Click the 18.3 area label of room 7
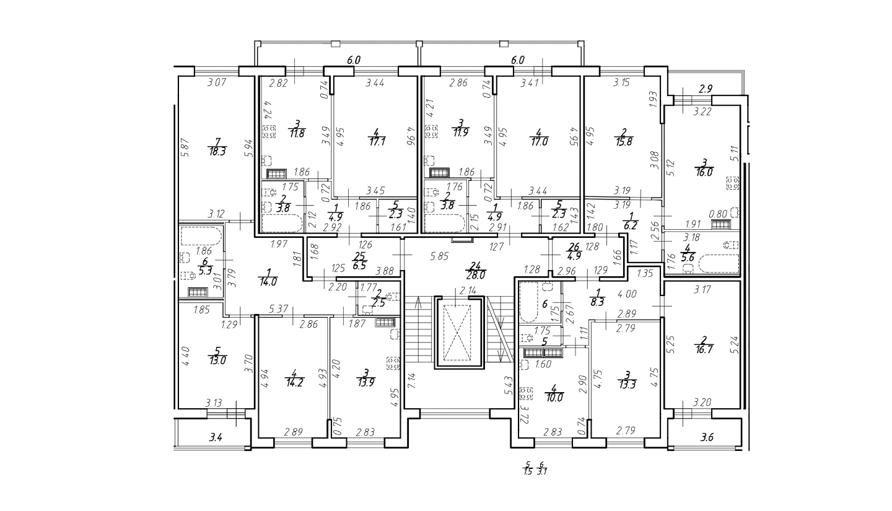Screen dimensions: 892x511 pyautogui.click(x=217, y=151)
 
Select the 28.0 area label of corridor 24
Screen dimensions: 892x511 pyautogui.click(x=476, y=275)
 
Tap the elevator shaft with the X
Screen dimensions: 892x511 pyautogui.click(x=460, y=333)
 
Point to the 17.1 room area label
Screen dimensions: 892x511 pyautogui.click(x=377, y=141)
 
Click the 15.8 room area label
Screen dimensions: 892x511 pyautogui.click(x=624, y=141)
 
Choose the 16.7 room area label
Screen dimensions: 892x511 pyautogui.click(x=704, y=349)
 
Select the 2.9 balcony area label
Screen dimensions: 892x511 pyautogui.click(x=705, y=89)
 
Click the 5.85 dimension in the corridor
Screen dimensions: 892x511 pyautogui.click(x=439, y=256)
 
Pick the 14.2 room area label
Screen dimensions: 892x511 pyautogui.click(x=295, y=383)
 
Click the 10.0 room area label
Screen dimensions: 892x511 pyautogui.click(x=554, y=398)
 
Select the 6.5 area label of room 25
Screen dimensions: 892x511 pyautogui.click(x=359, y=266)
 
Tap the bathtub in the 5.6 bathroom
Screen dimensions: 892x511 pyautogui.click(x=718, y=264)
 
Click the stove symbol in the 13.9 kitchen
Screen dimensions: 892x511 pyautogui.click(x=393, y=363)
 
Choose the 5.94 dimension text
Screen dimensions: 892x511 pyautogui.click(x=250, y=148)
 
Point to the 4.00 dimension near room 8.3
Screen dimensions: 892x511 pyautogui.click(x=627, y=294)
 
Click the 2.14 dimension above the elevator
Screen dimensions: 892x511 pyautogui.click(x=468, y=291)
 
